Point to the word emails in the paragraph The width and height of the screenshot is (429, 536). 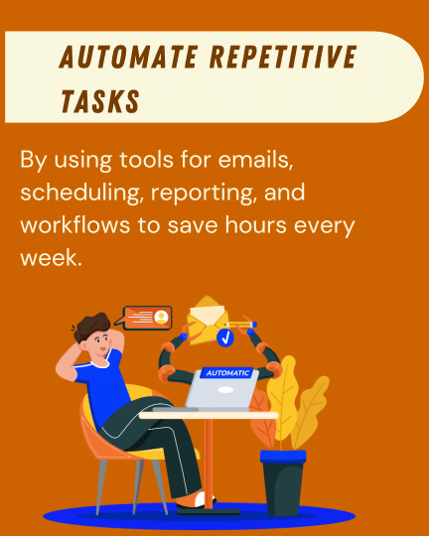click(x=270, y=161)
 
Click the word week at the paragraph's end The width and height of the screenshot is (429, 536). click(x=45, y=255)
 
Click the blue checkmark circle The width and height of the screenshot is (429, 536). click(x=224, y=338)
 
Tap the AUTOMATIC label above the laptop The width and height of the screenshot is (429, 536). click(x=228, y=374)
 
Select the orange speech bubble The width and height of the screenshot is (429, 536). click(x=148, y=318)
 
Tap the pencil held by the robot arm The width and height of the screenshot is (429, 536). click(x=242, y=324)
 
